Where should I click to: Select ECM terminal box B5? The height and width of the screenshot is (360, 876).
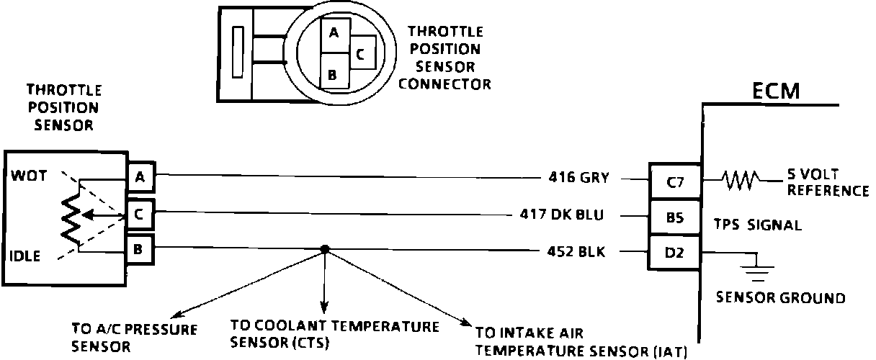[x=674, y=216]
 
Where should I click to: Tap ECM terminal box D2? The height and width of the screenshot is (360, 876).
[x=674, y=251]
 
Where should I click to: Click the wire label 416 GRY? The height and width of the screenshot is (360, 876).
[x=579, y=178]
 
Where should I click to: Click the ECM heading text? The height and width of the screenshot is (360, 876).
[x=777, y=91]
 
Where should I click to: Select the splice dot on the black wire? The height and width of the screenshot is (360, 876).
[x=325, y=250]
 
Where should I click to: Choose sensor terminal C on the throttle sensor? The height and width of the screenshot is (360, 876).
[x=139, y=212]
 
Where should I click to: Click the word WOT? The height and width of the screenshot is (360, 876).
[x=27, y=175]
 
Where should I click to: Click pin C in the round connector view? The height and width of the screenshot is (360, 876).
[x=362, y=53]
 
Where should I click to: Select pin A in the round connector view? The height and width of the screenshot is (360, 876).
[x=333, y=32]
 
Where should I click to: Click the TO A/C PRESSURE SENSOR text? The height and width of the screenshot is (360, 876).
[x=124, y=336]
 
